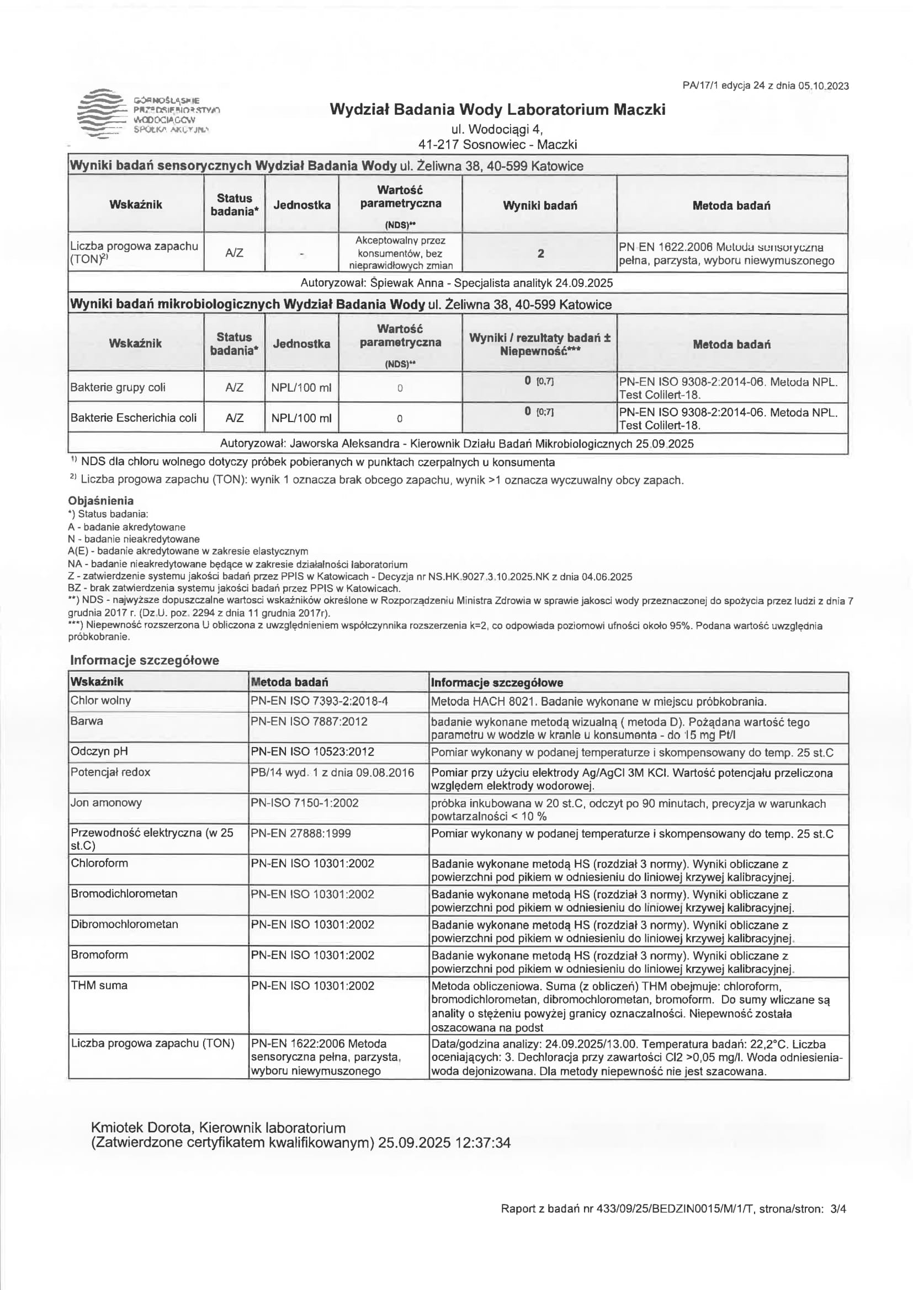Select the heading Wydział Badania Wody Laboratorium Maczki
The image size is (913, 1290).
(497, 109)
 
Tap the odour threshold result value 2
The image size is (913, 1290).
(540, 253)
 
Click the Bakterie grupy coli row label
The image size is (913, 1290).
(118, 387)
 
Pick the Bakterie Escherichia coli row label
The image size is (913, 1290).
(133, 418)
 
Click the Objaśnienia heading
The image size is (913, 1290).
(100, 500)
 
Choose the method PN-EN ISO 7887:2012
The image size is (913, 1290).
(309, 721)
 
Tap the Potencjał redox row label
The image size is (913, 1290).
(110, 772)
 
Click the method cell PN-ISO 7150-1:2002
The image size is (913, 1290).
(304, 803)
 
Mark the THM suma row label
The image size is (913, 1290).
(99, 985)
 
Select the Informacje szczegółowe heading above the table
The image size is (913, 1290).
(145, 660)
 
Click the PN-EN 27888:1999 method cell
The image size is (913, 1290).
(301, 833)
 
